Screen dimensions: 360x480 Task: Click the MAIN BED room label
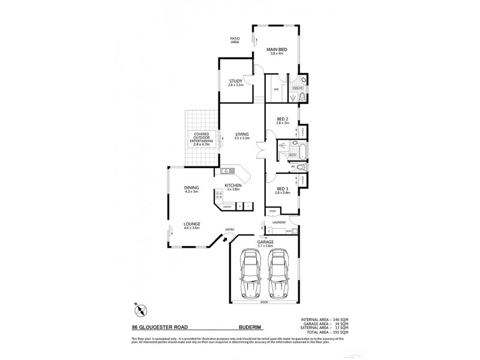tap(276, 50)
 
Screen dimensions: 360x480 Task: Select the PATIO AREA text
tap(235, 40)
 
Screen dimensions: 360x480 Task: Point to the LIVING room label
tap(242, 134)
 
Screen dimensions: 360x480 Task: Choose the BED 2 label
tap(283, 119)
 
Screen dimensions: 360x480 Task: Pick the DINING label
tap(191, 188)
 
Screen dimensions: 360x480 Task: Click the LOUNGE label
tap(191, 225)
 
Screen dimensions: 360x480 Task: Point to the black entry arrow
tap(226, 240)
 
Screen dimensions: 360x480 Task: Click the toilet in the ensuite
tap(303, 79)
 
